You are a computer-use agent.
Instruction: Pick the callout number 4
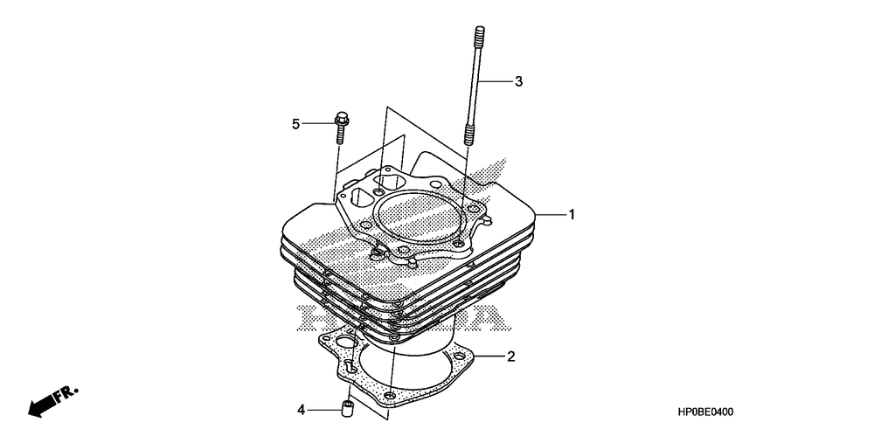301,408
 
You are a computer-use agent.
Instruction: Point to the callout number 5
295,124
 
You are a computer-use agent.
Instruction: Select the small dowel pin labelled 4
347,407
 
